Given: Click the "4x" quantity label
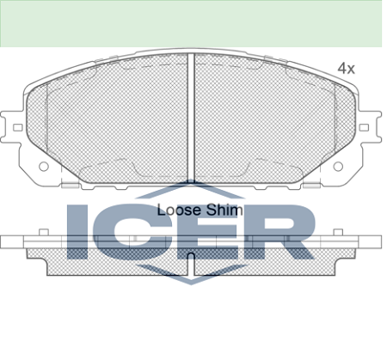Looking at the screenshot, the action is coord(346,69).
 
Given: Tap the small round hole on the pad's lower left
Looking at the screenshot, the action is coord(44,166).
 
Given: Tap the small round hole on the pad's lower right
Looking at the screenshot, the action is coord(338,166).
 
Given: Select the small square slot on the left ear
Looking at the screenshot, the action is coord(18,127).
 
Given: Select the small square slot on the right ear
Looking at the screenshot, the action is coord(364,127).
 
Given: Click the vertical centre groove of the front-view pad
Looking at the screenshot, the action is coord(191,118).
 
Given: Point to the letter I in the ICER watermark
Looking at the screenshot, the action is coord(77,232).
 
